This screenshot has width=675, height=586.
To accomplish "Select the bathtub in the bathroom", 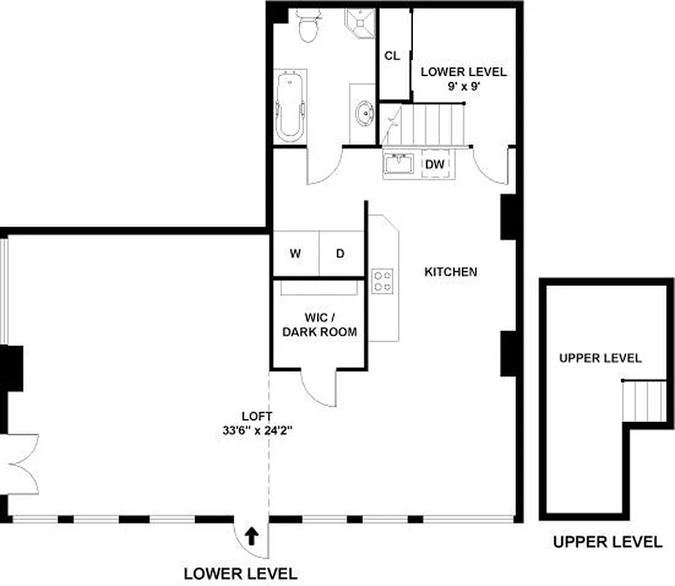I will click(290, 106).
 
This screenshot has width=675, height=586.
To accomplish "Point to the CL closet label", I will click(392, 56).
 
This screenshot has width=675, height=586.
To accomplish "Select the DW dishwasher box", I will click(436, 165).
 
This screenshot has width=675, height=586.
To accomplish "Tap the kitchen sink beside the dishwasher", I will click(400, 165).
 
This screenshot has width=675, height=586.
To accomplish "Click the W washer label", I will click(295, 254).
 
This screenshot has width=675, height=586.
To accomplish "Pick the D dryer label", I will click(340, 254).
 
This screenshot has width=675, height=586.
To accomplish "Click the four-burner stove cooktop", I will click(383, 281).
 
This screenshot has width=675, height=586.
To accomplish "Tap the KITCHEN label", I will click(451, 272).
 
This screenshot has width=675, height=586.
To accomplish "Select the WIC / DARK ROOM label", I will click(320, 325).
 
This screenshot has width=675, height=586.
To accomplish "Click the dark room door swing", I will click(320, 388).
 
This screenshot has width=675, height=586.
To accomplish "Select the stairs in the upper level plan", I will click(644, 401).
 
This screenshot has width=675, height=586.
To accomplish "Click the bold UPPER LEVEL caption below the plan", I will click(607, 543).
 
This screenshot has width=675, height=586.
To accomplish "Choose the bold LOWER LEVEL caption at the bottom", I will click(240, 574).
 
